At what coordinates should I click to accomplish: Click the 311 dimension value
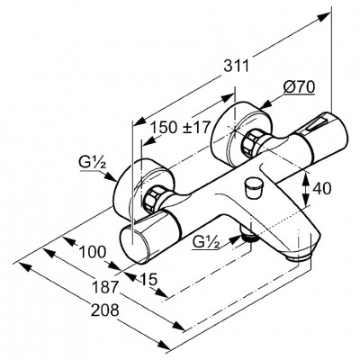click(237, 66)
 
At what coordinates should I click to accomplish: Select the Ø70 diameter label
click(299, 87)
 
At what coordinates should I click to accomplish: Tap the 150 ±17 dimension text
click(179, 127)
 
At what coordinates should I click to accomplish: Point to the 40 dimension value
click(322, 189)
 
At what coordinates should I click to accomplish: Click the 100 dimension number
click(92, 252)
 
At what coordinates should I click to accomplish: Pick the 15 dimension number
click(148, 279)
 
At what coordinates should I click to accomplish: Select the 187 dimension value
click(104, 287)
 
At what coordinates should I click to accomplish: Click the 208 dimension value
click(105, 310)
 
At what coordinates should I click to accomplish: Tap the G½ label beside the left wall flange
click(93, 164)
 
